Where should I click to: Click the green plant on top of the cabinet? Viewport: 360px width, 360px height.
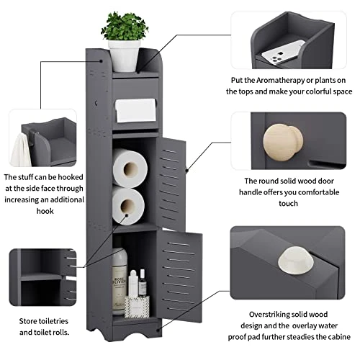click(125, 27)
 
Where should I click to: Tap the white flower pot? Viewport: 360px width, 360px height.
click(124, 56)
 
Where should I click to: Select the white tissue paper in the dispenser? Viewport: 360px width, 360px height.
click(135, 110)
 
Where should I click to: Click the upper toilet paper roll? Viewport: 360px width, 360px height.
click(130, 168)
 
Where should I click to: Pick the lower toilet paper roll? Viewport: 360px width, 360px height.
click(128, 205)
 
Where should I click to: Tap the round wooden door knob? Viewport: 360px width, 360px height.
click(283, 143)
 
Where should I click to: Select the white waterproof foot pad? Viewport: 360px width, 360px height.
click(296, 261)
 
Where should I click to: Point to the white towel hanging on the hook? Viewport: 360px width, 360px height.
click(20, 150)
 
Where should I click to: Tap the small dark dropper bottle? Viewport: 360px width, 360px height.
click(143, 284)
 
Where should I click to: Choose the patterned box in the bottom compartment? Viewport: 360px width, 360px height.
click(137, 307)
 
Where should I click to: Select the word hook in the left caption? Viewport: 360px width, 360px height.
click(45, 211)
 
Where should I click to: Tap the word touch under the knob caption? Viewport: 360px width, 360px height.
click(288, 204)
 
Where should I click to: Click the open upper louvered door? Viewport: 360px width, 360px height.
click(171, 184)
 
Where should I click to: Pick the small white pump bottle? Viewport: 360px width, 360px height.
click(132, 283)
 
